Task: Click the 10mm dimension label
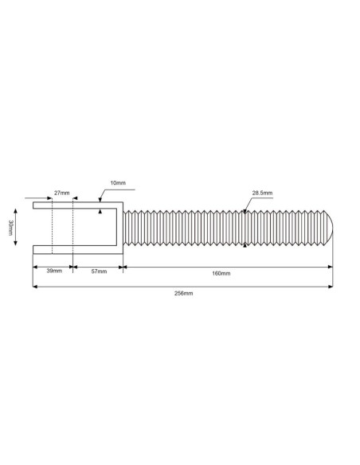[118, 182]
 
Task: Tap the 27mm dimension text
[61, 193]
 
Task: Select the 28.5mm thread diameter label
[262, 193]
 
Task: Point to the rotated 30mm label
[10, 228]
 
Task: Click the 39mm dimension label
[54, 271]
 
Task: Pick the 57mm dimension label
[99, 272]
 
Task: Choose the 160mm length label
[221, 273]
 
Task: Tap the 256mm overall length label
[183, 293]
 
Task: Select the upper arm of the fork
[78, 205]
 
